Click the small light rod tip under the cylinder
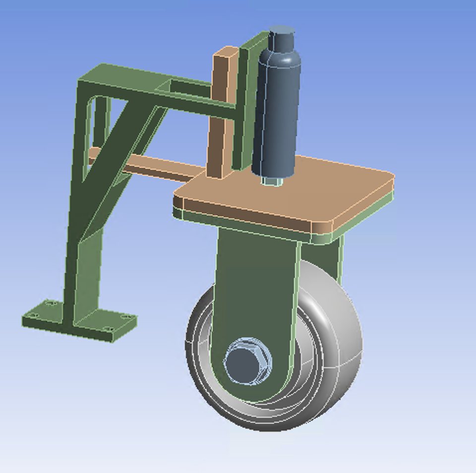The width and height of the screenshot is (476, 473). click(271, 182)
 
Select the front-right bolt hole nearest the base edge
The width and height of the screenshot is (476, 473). click(108, 329)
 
